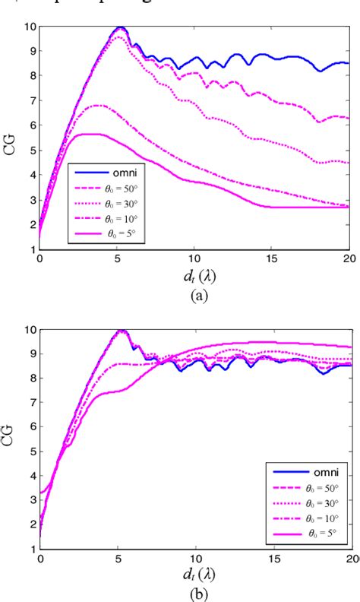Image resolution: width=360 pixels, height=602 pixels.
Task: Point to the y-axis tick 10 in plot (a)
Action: click(x=30, y=27)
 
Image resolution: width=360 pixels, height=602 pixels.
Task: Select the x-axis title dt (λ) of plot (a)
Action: click(x=194, y=274)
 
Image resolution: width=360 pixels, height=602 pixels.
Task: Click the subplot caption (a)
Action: click(x=194, y=290)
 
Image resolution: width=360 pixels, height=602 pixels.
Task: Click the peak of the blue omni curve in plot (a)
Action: click(x=120, y=27)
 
